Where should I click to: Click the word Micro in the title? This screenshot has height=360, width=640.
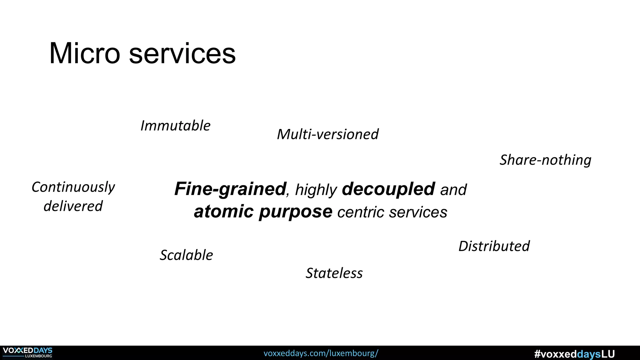(85, 53)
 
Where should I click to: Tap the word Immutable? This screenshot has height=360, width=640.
(175, 126)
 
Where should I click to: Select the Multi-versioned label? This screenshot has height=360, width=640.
(327, 134)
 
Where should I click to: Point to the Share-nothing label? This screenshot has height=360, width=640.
(545, 160)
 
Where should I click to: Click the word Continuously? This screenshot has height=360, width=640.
(73, 187)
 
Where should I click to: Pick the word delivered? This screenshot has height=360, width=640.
(73, 206)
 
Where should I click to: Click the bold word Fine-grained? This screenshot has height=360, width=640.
(230, 189)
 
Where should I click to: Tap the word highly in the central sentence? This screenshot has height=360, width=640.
(316, 190)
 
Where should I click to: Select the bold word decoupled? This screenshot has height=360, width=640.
(388, 189)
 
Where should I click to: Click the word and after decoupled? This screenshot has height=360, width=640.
(453, 190)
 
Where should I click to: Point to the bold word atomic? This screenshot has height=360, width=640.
(223, 212)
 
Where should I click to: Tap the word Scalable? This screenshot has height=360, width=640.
(186, 255)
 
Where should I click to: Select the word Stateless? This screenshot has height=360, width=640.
(334, 273)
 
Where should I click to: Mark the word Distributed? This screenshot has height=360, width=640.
(494, 246)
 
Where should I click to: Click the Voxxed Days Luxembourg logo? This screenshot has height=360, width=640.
(27, 352)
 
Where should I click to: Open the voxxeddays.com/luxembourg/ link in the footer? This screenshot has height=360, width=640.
(321, 353)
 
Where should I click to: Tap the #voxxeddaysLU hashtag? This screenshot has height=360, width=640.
(574, 354)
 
